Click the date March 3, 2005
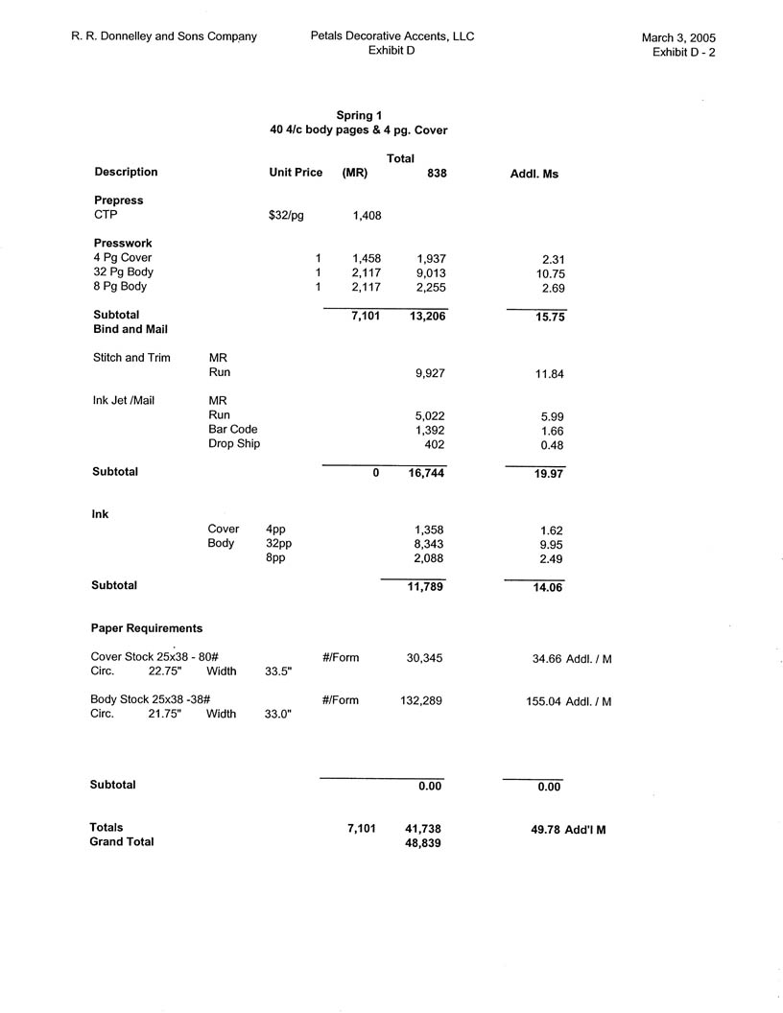click(x=678, y=38)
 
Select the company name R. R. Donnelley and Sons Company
click(x=164, y=36)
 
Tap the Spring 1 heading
click(x=359, y=115)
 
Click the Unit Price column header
click(x=296, y=173)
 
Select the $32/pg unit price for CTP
click(x=286, y=216)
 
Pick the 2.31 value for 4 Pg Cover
click(x=552, y=259)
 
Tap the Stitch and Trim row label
click(x=131, y=358)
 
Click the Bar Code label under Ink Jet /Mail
click(x=232, y=430)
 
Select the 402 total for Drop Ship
click(x=436, y=444)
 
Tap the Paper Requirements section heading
click(x=147, y=628)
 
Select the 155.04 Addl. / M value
click(x=543, y=702)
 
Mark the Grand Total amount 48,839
click(x=423, y=842)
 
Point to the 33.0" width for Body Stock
click(x=278, y=715)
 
